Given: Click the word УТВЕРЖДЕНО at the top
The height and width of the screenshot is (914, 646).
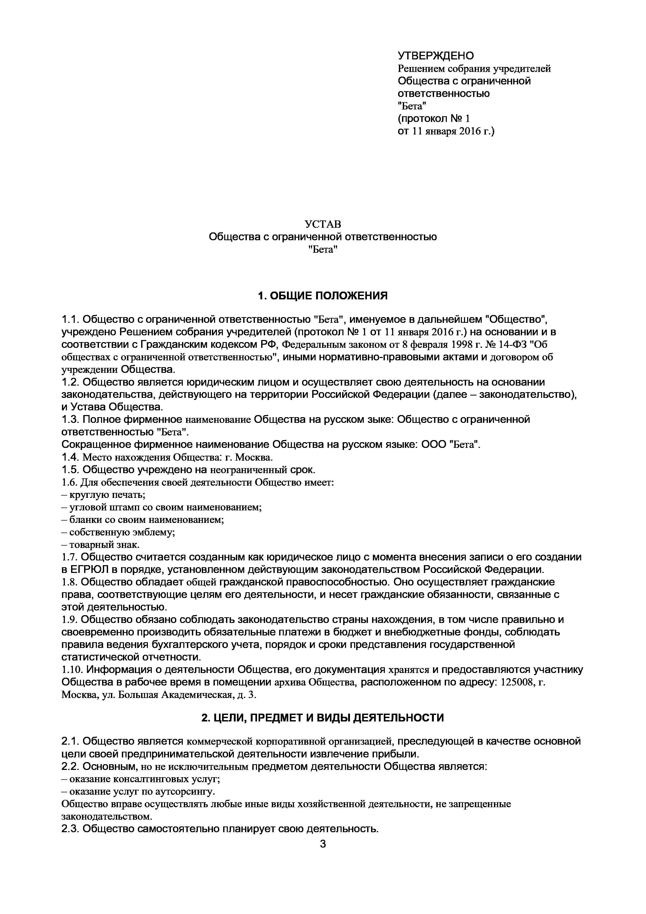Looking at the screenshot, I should (x=436, y=56).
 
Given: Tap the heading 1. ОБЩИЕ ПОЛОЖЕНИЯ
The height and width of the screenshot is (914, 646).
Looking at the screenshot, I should (x=323, y=295).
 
